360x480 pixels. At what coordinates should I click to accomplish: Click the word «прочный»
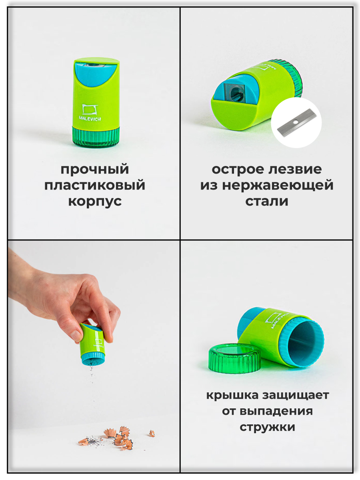(95, 170)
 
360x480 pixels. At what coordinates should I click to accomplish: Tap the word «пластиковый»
(95, 185)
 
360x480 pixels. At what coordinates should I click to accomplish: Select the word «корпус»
(95, 201)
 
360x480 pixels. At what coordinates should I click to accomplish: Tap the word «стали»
(267, 201)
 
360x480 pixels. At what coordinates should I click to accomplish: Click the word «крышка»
(232, 396)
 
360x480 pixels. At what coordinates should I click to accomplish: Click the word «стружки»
(268, 427)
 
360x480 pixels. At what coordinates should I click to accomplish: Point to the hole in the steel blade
(296, 122)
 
